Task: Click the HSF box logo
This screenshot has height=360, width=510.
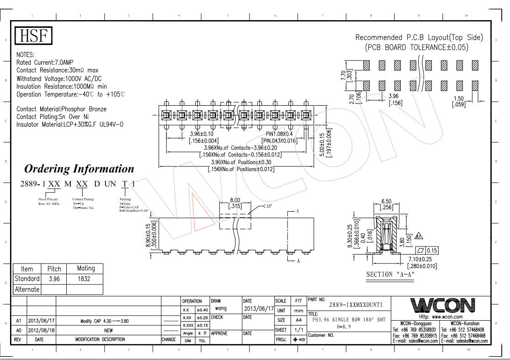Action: tap(34, 36)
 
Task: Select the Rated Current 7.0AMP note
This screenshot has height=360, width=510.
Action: tap(45, 62)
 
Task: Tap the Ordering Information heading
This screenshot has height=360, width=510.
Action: tap(79, 169)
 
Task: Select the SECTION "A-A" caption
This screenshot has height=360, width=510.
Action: tap(391, 274)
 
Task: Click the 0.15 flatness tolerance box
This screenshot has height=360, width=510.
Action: tap(431, 250)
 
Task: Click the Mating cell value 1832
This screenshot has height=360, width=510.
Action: tap(84, 279)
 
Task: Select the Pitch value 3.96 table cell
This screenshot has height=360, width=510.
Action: tap(54, 279)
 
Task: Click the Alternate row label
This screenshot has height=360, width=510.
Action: tap(27, 289)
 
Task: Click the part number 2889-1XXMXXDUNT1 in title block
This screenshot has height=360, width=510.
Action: tap(356, 305)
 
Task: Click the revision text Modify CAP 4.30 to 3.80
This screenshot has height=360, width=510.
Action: tap(105, 321)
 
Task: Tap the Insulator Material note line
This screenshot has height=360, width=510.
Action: tap(70, 124)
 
